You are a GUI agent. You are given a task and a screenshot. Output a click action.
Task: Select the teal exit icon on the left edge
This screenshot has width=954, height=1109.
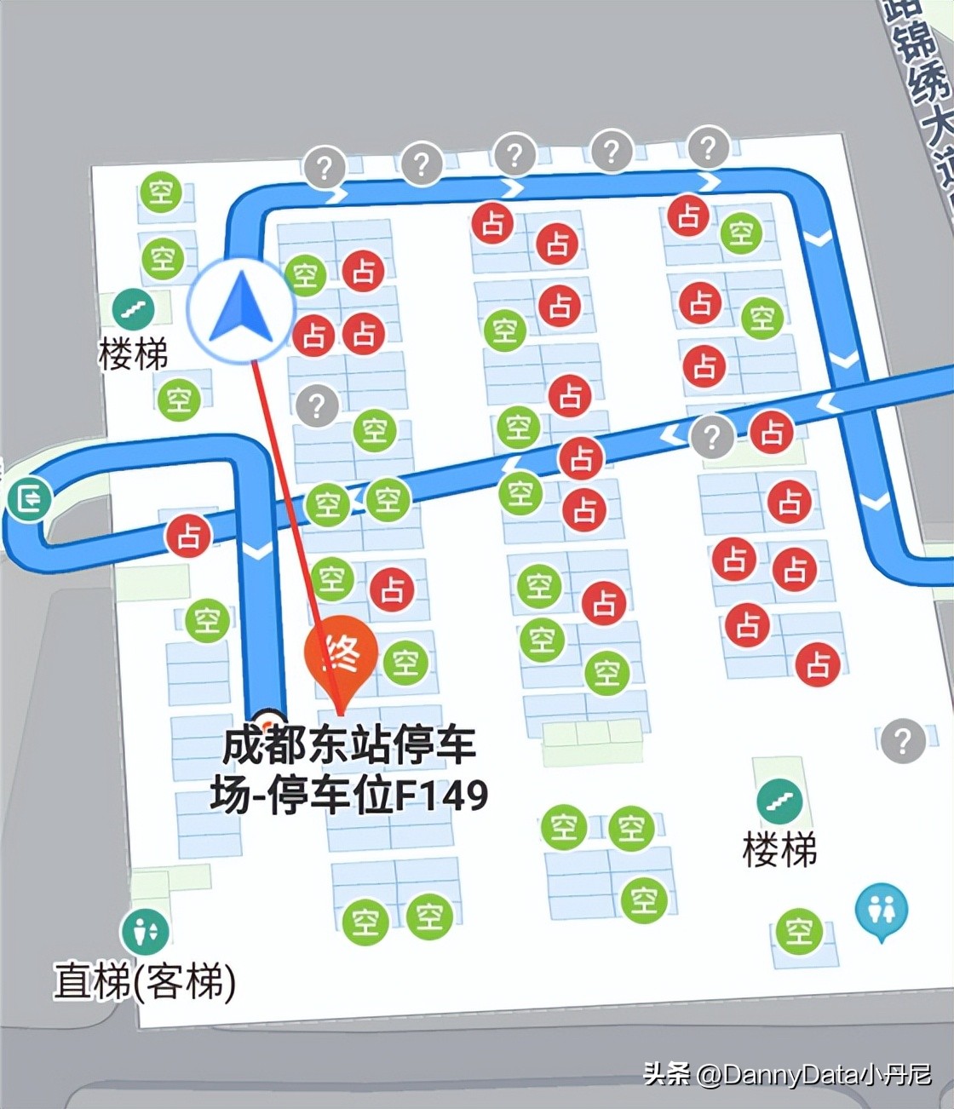point(30,498)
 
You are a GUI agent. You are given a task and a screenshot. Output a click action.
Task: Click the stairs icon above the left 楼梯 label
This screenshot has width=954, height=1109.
point(134,309)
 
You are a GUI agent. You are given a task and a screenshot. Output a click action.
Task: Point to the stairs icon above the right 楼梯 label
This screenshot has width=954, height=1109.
point(779,801)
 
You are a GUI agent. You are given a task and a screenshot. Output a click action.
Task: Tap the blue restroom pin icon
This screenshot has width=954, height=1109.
point(881,911)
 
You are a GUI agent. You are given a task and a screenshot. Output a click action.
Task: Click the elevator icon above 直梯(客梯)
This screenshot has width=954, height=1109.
point(145,931)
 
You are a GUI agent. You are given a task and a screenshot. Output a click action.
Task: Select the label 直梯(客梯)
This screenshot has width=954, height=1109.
point(145,981)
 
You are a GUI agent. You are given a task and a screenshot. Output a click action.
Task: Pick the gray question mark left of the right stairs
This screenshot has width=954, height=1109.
point(902,741)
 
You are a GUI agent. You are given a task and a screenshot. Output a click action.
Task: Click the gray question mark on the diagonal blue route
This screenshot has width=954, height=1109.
point(712,438)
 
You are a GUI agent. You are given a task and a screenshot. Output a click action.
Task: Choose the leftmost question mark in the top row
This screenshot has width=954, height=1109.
point(325,168)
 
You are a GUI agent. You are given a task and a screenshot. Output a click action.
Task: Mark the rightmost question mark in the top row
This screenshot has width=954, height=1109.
point(708,147)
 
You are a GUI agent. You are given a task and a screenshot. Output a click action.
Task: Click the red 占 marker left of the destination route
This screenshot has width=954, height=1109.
point(188,536)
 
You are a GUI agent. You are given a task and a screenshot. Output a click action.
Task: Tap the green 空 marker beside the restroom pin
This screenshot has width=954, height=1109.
point(799,930)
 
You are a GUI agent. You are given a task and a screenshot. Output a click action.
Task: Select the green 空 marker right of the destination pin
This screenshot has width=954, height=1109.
point(405,662)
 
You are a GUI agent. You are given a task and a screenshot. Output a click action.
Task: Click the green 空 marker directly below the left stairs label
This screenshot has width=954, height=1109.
point(178,399)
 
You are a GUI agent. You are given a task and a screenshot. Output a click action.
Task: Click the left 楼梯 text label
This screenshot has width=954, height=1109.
point(134,353)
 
